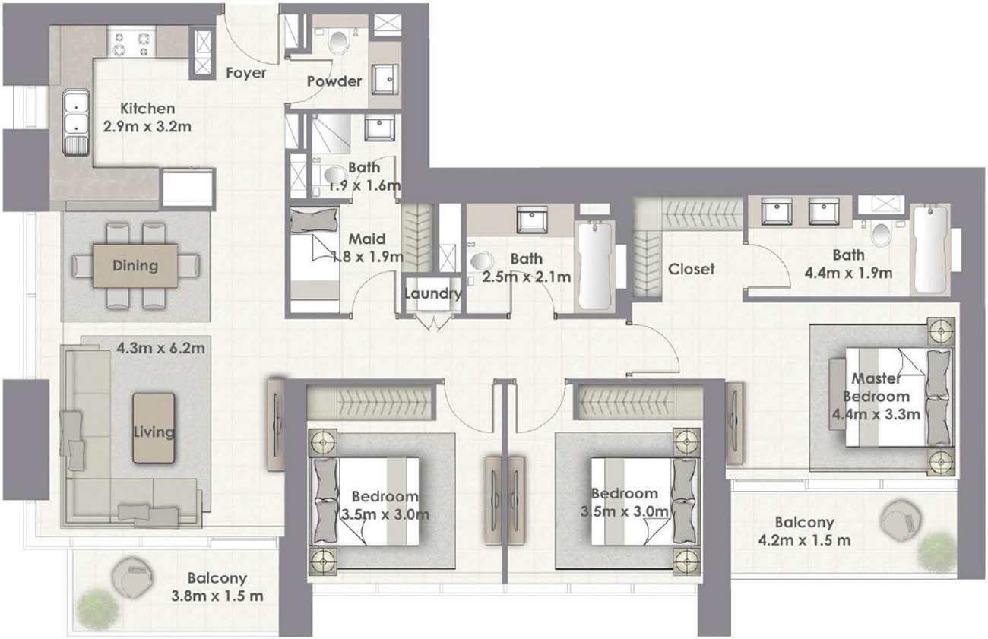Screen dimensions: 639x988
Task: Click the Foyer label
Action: pyautogui.click(x=246, y=73)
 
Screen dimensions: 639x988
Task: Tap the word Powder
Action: pyautogui.click(x=334, y=81)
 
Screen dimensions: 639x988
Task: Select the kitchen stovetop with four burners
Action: pyautogui.click(x=131, y=42)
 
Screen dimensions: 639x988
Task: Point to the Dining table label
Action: pyautogui.click(x=135, y=265)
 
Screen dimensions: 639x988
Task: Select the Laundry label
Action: pyautogui.click(x=432, y=294)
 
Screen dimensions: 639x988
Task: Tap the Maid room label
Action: pyautogui.click(x=368, y=239)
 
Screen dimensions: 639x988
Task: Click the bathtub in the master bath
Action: pyautogui.click(x=930, y=248)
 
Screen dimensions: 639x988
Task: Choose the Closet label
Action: pyautogui.click(x=691, y=269)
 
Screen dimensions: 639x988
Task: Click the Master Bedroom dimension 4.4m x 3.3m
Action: pyautogui.click(x=882, y=415)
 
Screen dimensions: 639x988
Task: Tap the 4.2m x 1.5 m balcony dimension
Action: pyautogui.click(x=804, y=540)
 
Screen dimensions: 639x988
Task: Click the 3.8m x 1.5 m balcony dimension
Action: pyautogui.click(x=217, y=596)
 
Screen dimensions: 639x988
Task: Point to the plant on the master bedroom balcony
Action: pyautogui.click(x=936, y=549)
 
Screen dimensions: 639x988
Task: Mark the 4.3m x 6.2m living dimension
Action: pyautogui.click(x=160, y=350)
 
